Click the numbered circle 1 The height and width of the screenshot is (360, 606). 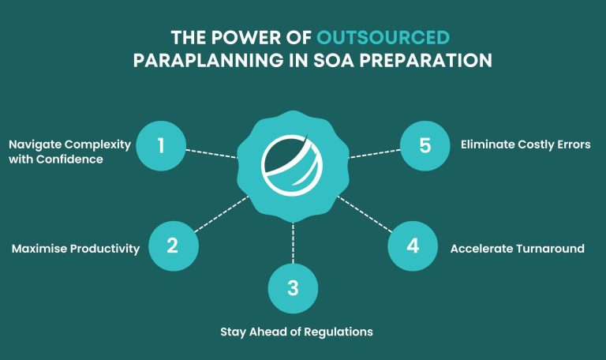pos(161,145)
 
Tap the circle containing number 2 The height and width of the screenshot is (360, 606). pos(173,246)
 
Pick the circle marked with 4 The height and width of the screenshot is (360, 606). pos(413,246)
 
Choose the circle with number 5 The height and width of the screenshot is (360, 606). pos(425,145)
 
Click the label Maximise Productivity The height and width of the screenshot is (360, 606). pos(76,249)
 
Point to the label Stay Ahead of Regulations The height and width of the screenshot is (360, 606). pos(296,332)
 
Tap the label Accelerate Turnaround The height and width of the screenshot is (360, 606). pos(517,249)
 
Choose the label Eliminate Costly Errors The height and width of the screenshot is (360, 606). pos(525,145)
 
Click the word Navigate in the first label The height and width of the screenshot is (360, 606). pos(38,145)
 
